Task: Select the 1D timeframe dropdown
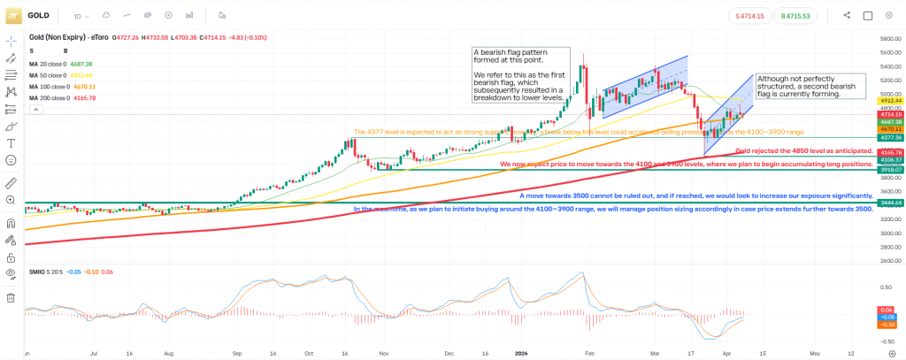(x=79, y=15)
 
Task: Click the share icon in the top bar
(x=847, y=15)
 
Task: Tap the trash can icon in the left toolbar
(x=12, y=297)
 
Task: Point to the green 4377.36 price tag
(x=888, y=138)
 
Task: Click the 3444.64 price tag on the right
(x=888, y=203)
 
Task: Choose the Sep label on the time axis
(x=238, y=352)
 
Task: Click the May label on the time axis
(x=815, y=352)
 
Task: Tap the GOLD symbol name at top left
(x=38, y=15)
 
